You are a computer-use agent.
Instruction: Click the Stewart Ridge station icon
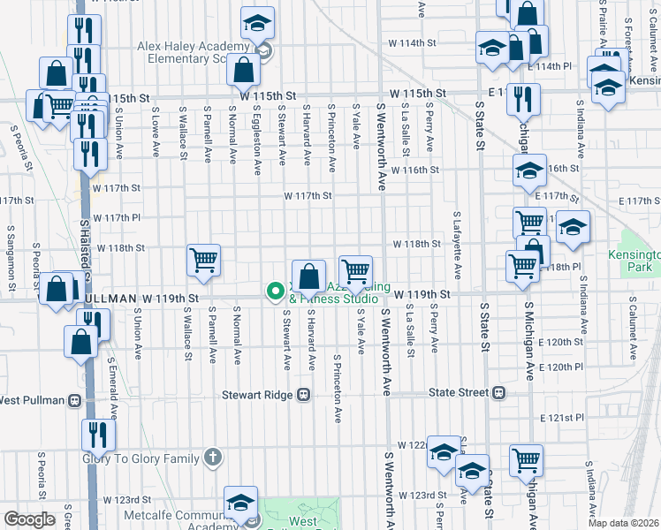click(304, 393)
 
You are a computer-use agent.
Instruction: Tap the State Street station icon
click(499, 392)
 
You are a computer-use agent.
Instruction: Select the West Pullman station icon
click(75, 400)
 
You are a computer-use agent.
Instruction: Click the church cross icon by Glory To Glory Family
click(212, 456)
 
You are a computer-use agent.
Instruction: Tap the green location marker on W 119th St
click(275, 290)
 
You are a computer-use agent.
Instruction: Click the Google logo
click(29, 519)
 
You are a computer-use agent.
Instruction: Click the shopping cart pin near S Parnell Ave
click(203, 261)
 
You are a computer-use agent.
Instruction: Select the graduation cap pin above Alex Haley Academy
click(258, 23)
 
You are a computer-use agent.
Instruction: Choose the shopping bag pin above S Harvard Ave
click(309, 276)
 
